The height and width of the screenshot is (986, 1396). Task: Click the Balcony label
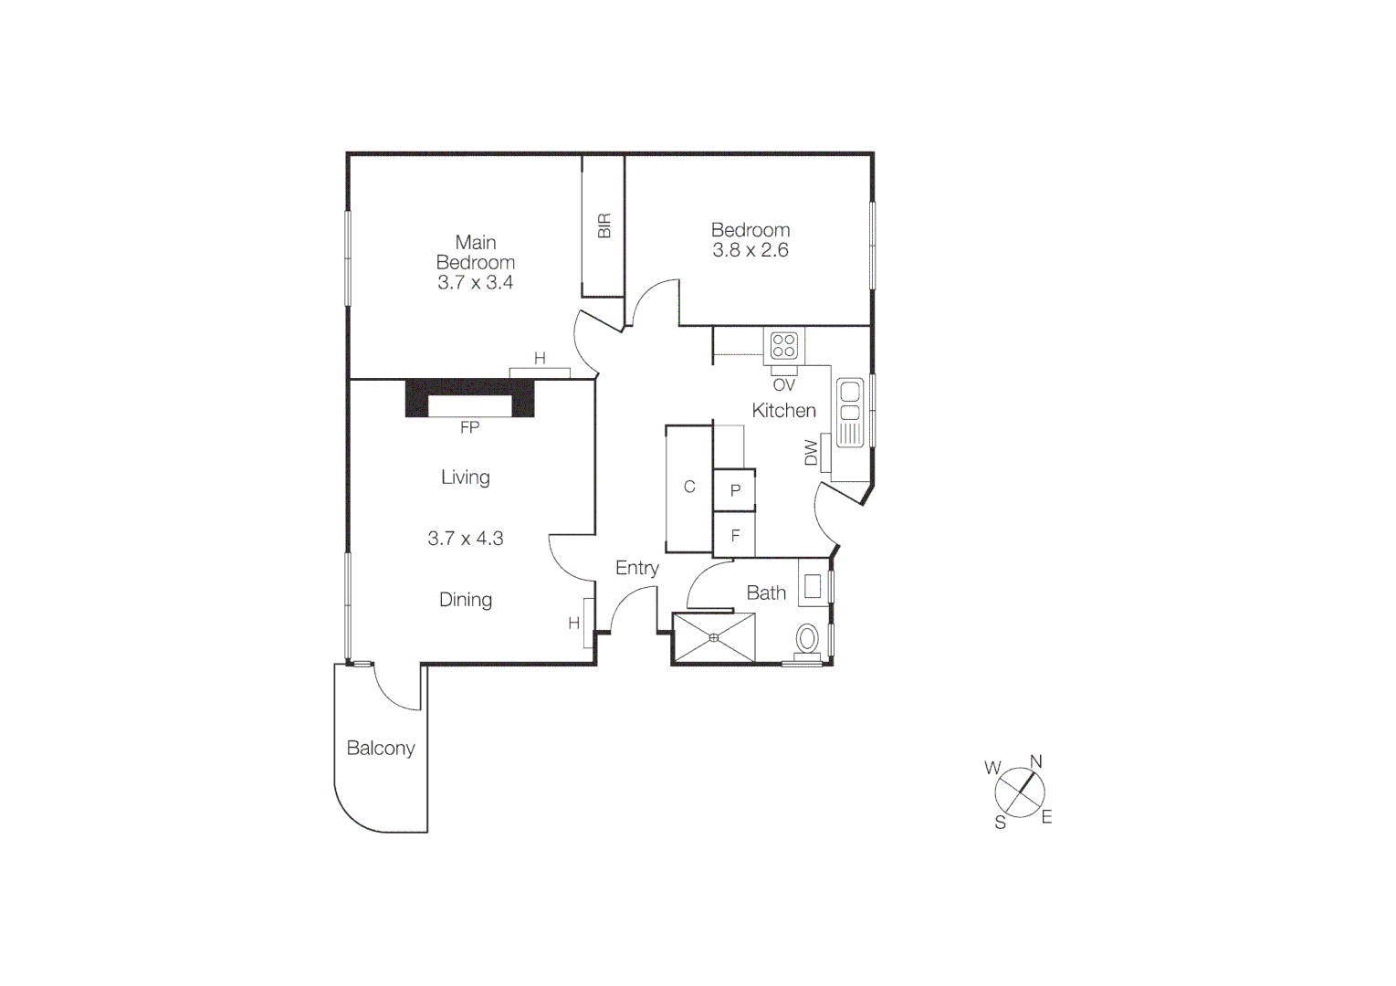pyautogui.click(x=381, y=749)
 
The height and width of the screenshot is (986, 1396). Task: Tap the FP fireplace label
pyautogui.click(x=469, y=427)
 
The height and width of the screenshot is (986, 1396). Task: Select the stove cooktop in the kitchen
pyautogui.click(x=784, y=346)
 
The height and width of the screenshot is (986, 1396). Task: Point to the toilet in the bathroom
pyautogui.click(x=808, y=636)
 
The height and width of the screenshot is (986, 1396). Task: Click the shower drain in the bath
pyautogui.click(x=714, y=637)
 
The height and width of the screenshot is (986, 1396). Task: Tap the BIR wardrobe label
pyautogui.click(x=604, y=226)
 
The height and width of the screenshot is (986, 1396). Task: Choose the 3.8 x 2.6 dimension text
pyautogui.click(x=750, y=250)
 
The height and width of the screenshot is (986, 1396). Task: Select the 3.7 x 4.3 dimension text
pyautogui.click(x=466, y=539)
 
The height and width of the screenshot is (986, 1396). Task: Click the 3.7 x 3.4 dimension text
pyautogui.click(x=475, y=283)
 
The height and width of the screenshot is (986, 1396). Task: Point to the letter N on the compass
pyautogui.click(x=1036, y=762)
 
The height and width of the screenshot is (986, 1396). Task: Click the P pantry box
pyautogui.click(x=735, y=491)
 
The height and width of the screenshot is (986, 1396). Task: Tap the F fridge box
pyautogui.click(x=735, y=536)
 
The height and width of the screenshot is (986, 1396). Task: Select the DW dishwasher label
pyautogui.click(x=811, y=453)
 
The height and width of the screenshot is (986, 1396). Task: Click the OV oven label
pyautogui.click(x=783, y=385)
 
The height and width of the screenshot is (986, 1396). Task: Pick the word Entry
pyautogui.click(x=637, y=568)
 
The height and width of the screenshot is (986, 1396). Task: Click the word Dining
pyautogui.click(x=466, y=600)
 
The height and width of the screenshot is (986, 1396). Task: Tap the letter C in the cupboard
pyautogui.click(x=689, y=488)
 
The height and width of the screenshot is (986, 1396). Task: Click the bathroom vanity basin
pyautogui.click(x=812, y=585)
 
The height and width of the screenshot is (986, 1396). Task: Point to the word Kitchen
pyautogui.click(x=783, y=411)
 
